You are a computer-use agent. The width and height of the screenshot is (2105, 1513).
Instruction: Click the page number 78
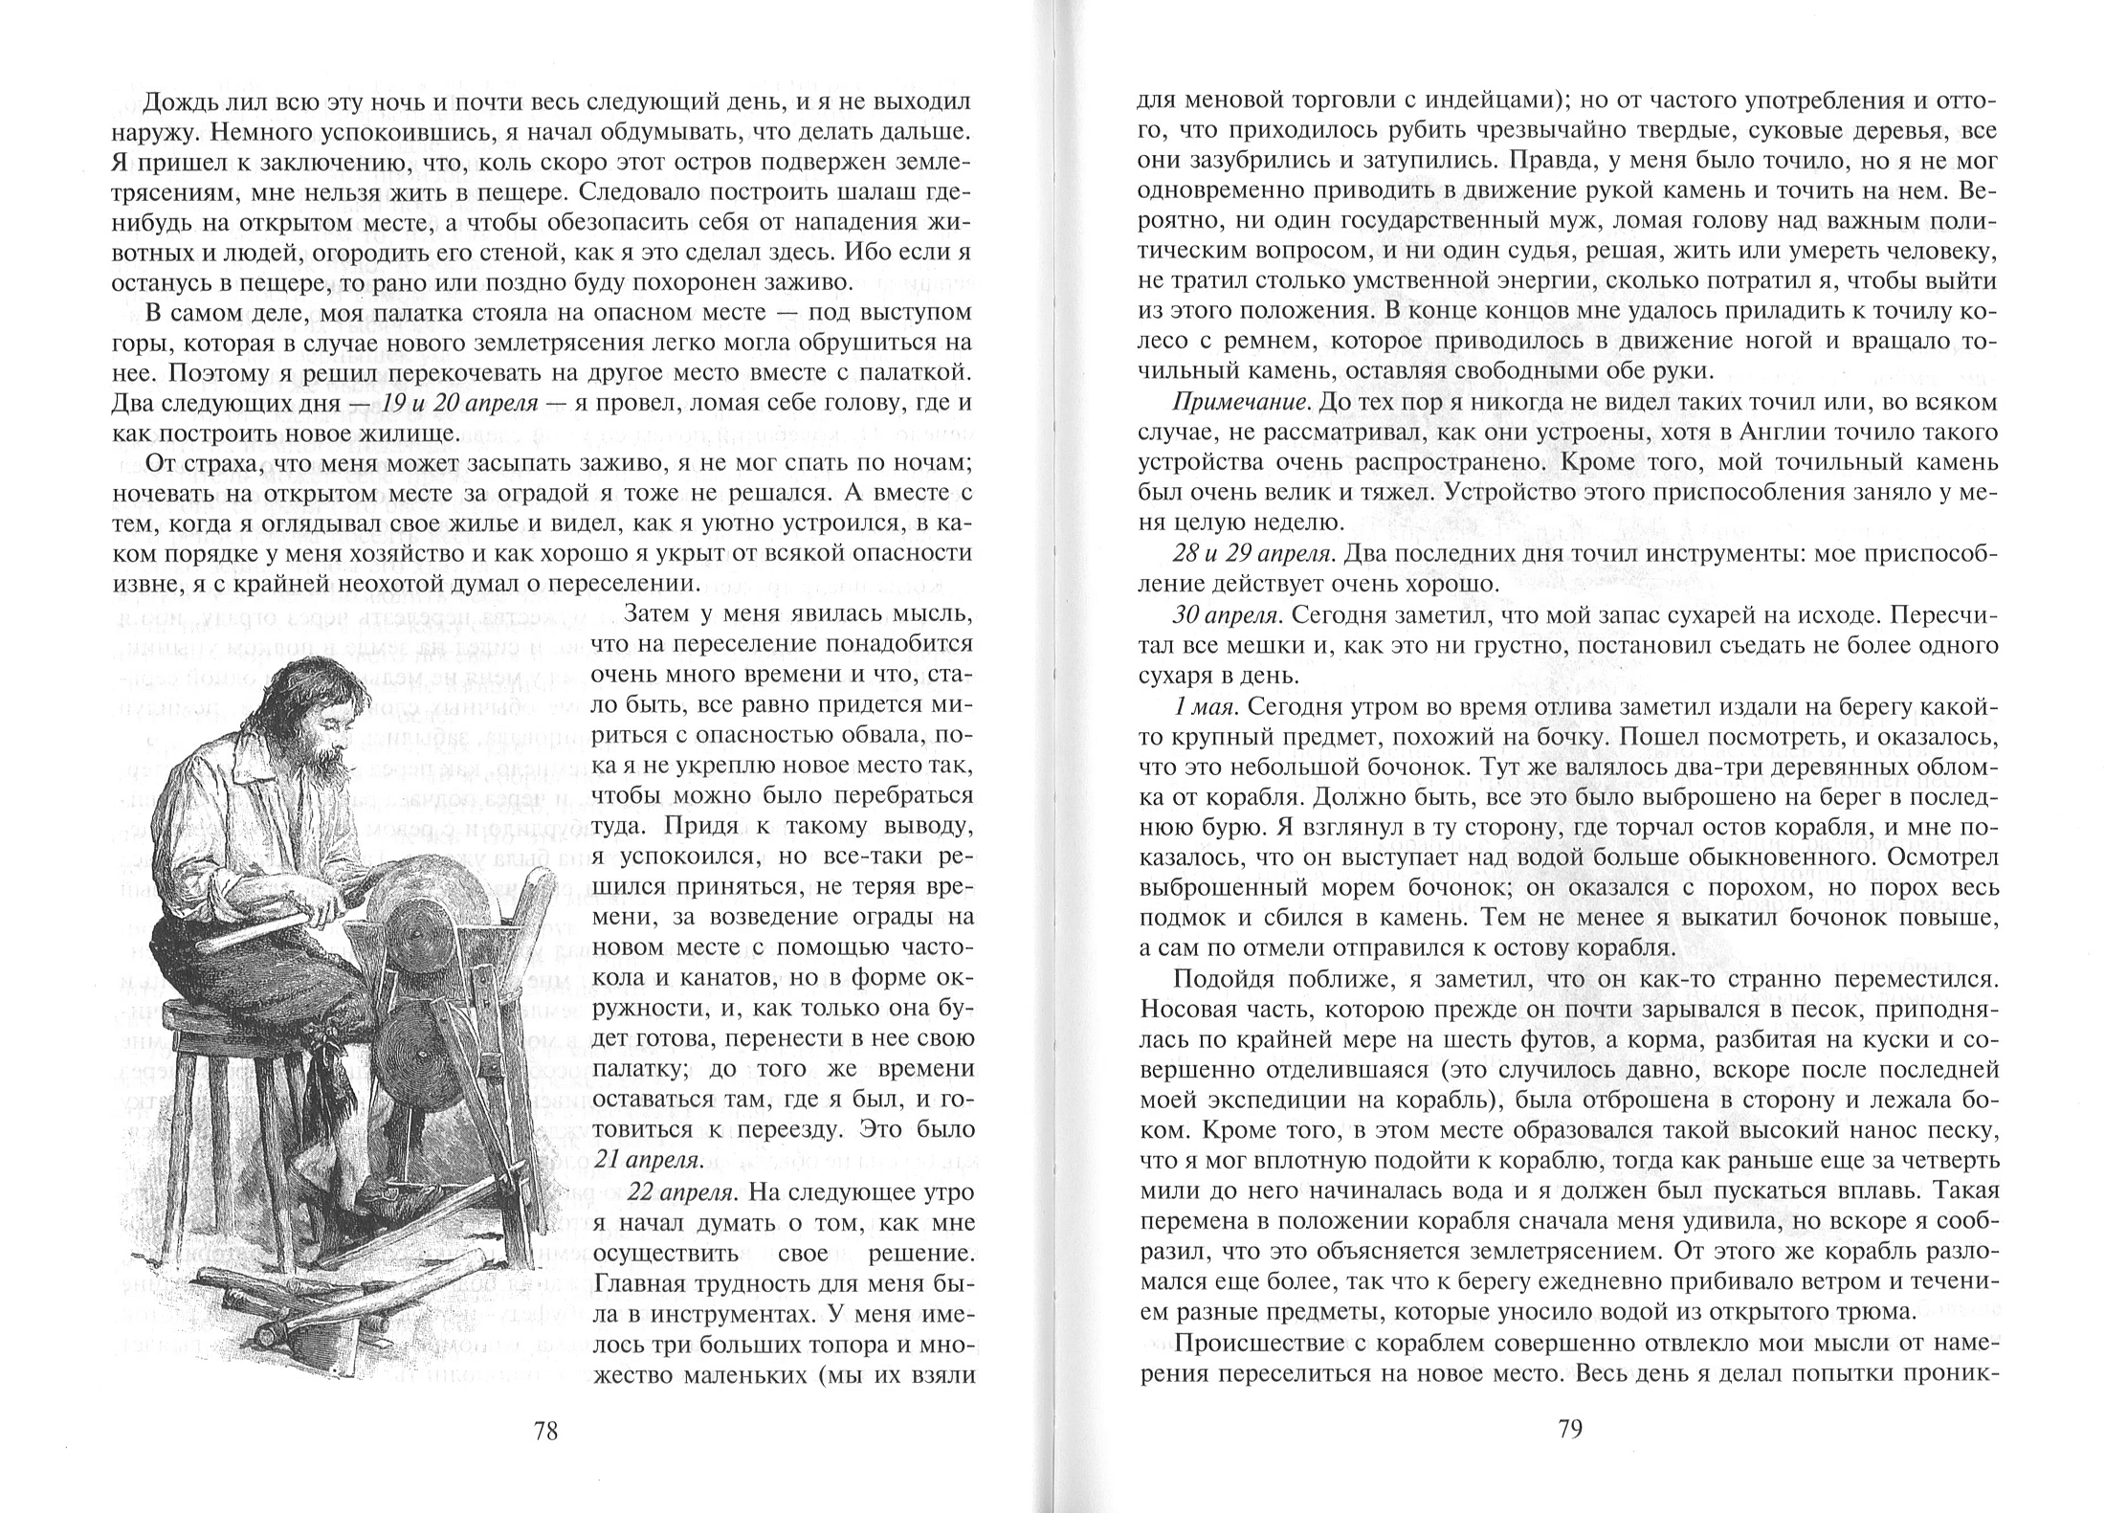tap(545, 1431)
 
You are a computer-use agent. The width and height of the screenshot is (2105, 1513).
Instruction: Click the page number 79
tap(1571, 1429)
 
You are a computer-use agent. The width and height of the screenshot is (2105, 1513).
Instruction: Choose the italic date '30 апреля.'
tap(1226, 613)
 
